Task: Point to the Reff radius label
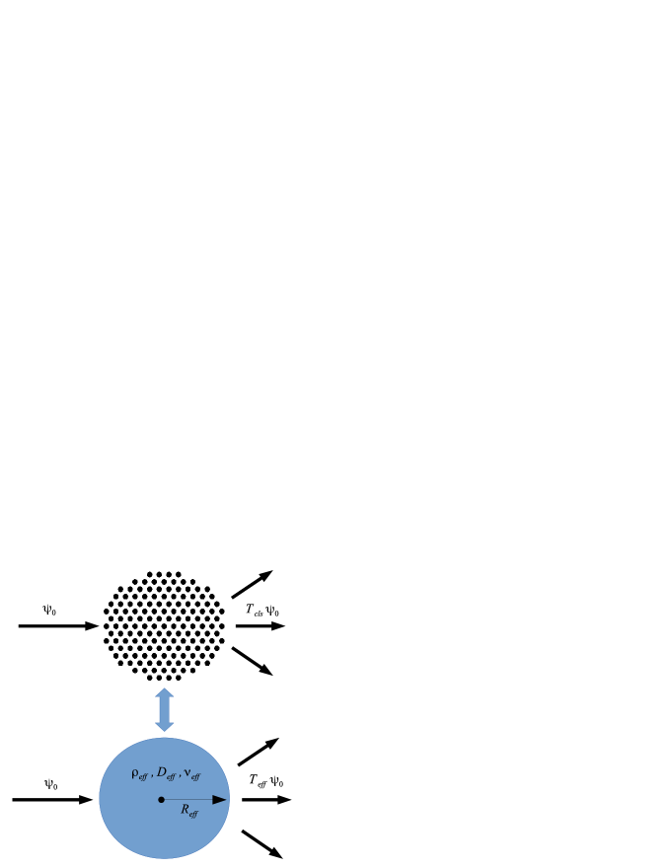[188, 811]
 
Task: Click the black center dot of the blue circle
[161, 799]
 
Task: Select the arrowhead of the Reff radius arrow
[220, 799]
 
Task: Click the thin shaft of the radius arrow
[187, 799]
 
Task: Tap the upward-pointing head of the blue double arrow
[164, 693]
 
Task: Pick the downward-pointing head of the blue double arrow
[164, 726]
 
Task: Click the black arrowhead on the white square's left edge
[93, 625]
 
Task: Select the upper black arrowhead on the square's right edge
[233, 596]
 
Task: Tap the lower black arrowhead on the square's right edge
[233, 649]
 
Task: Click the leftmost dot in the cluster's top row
[150, 574]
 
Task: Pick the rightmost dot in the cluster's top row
[178, 574]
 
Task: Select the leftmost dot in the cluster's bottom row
[150, 678]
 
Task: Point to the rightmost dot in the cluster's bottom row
[178, 678]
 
